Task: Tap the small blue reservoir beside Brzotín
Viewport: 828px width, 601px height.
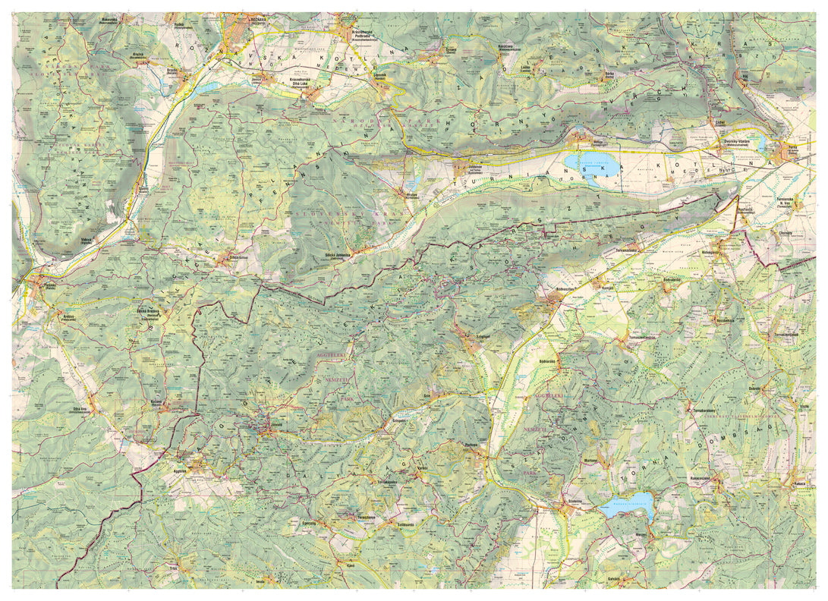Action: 206,88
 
